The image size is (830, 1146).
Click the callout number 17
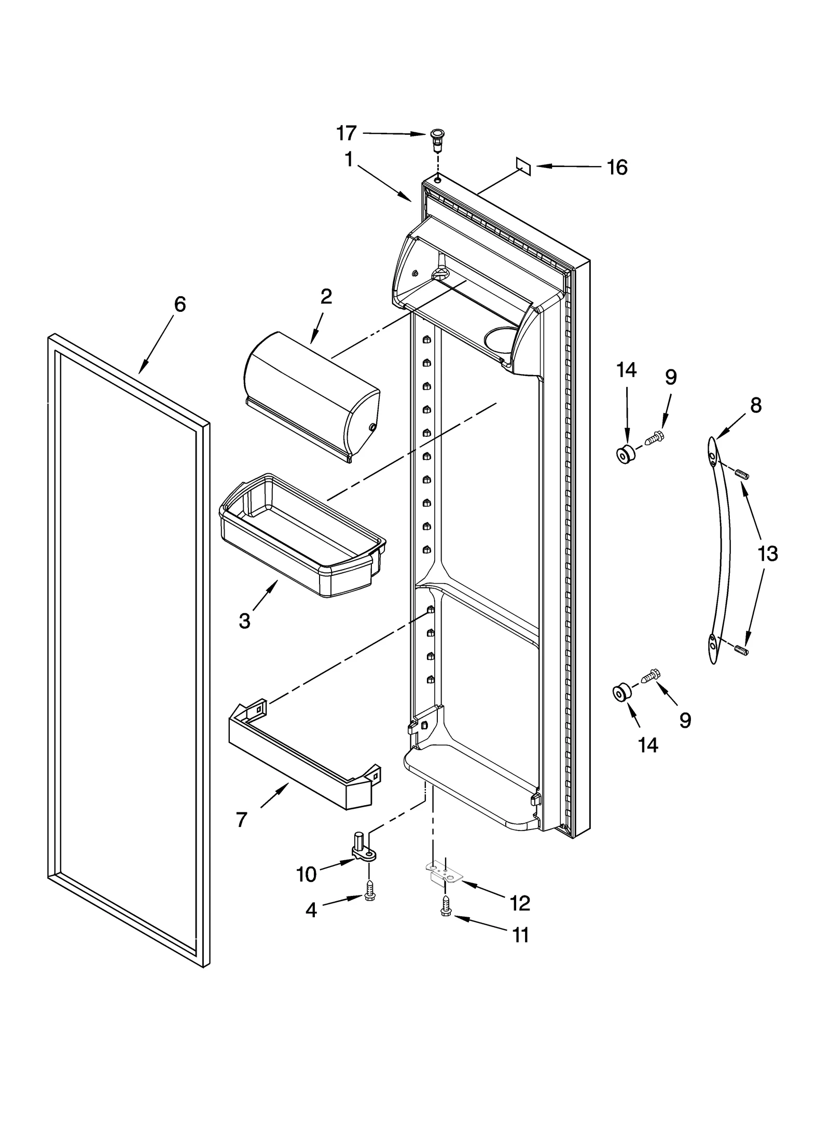tap(347, 133)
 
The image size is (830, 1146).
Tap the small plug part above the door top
tap(437, 140)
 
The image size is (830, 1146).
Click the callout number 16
tap(617, 168)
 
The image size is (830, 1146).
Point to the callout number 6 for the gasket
tap(179, 305)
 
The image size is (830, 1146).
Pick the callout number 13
tap(767, 554)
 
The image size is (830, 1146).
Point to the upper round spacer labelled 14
tap(625, 454)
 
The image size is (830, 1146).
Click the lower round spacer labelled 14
tap(622, 693)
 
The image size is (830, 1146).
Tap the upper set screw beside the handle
tap(741, 473)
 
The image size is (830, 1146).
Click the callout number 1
tap(349, 159)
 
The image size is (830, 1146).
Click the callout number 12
tap(519, 903)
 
